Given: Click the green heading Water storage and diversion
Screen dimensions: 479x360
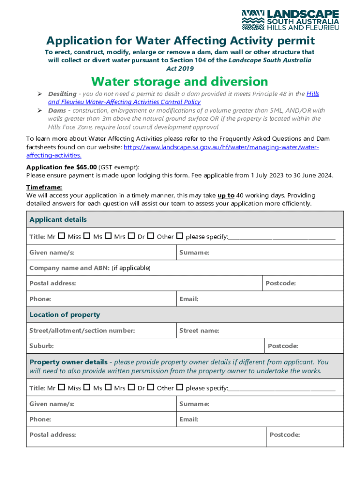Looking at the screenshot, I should tap(180, 81).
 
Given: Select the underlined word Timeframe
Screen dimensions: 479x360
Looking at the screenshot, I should tap(44, 187).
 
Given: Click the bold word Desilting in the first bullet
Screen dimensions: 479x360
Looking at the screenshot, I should tap(62, 94).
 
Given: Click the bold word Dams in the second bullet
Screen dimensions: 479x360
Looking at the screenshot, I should tap(57, 110).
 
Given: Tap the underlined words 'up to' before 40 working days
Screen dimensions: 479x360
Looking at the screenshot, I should tap(226, 195).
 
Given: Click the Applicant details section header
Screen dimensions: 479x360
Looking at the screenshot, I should tap(58, 219).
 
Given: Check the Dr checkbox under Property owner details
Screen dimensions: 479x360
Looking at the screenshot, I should tap(151, 388).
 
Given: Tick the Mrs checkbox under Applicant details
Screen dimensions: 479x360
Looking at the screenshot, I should tap(131, 236).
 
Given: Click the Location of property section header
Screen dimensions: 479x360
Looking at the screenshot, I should tap(65, 315).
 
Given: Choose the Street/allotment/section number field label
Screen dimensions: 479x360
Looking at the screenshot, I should tap(82, 331).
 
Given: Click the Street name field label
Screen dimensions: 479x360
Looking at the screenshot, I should tap(199, 331).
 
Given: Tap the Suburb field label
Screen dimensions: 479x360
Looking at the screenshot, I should tap(42, 346).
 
